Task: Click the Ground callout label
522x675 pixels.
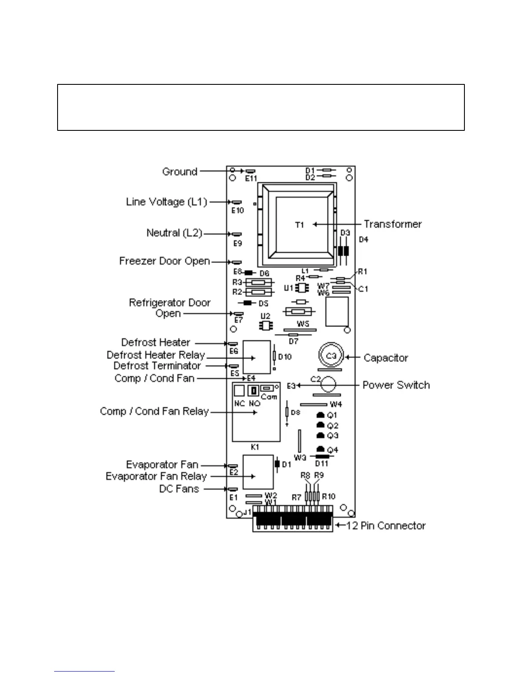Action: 180,172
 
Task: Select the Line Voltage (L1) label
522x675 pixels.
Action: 166,202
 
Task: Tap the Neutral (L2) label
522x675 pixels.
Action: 174,233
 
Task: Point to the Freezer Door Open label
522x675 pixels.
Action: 165,261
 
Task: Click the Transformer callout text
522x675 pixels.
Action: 392,224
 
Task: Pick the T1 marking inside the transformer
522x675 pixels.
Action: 300,225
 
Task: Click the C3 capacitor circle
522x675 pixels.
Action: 331,356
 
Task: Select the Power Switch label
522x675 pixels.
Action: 396,385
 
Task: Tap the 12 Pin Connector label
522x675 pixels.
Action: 386,525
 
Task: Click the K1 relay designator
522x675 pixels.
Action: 255,447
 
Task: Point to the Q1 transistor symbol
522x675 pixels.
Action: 321,415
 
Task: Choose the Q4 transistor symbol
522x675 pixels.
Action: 321,449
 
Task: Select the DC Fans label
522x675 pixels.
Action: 179,489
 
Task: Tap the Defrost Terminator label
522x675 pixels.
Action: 157,366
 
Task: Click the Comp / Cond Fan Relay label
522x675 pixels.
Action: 154,411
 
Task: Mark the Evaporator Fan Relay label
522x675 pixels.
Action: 156,476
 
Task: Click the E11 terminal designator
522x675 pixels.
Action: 251,179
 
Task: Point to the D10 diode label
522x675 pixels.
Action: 285,357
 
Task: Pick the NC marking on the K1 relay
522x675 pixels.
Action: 240,403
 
